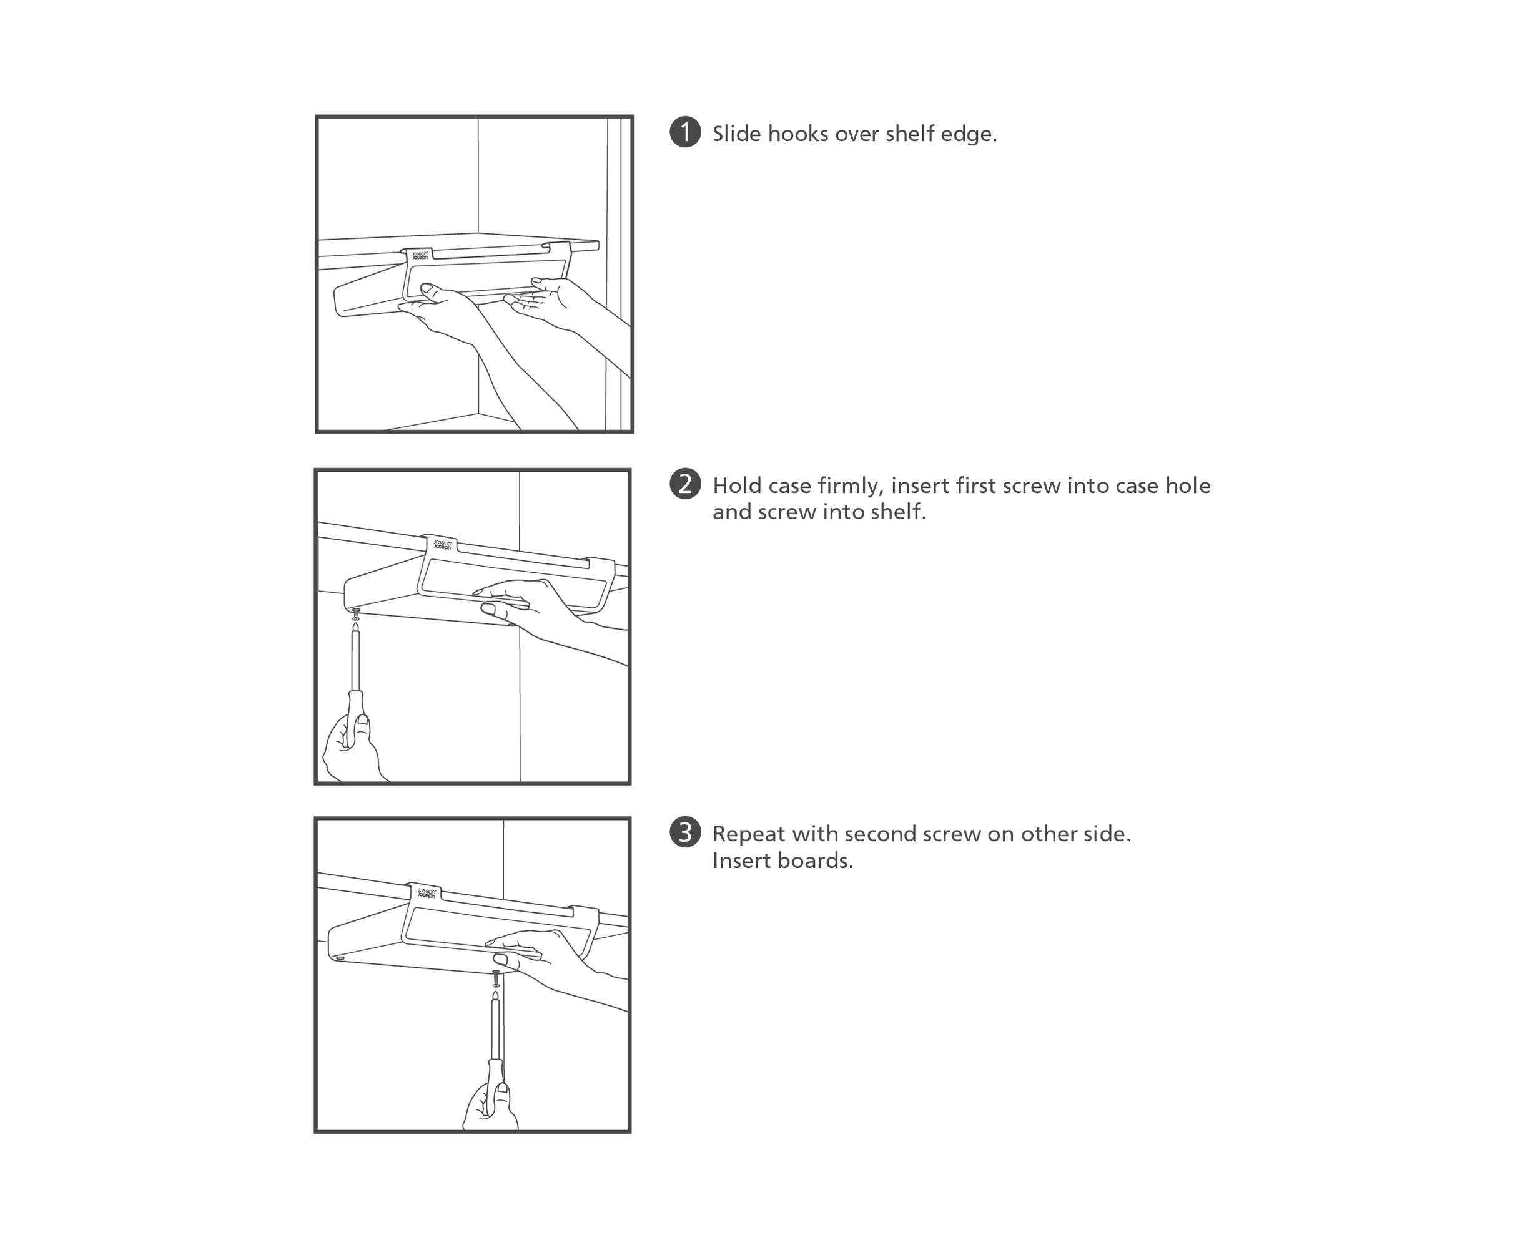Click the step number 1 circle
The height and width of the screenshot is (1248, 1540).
pos(685,132)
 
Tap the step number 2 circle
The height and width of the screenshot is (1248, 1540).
pos(685,484)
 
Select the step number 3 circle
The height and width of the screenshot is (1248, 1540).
pos(685,832)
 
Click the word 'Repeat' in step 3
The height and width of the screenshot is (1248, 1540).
pos(749,836)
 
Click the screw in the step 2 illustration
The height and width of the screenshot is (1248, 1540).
pos(355,614)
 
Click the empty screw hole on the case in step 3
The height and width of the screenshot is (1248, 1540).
pos(340,958)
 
